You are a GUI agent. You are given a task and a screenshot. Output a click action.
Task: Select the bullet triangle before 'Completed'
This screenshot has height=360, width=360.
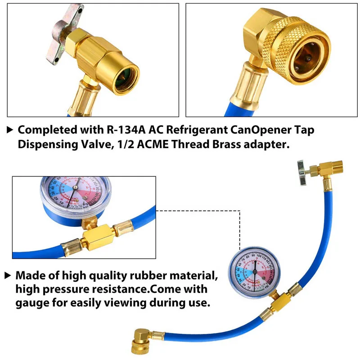pos(10,130)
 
